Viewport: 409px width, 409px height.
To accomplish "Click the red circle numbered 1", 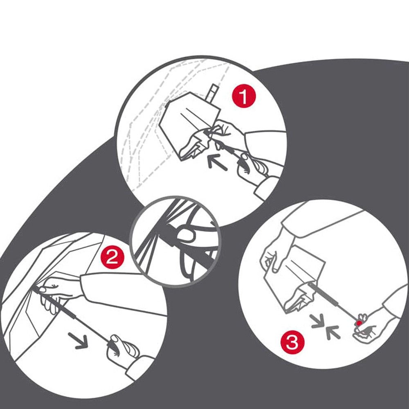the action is pos(244,96).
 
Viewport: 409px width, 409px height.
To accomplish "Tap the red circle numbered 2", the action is pos(112,258).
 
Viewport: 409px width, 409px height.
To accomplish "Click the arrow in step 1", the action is pos(217,162).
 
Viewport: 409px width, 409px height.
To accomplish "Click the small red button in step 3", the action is pos(359,324).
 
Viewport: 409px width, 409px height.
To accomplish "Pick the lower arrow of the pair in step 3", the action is pos(333,333).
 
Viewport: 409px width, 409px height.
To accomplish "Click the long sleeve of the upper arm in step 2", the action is pos(123,292).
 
